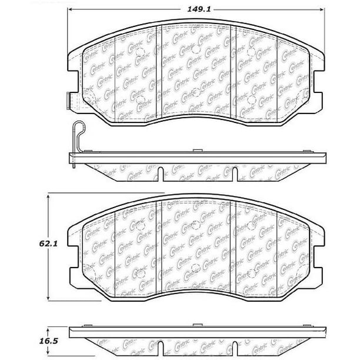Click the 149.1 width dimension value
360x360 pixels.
point(199,9)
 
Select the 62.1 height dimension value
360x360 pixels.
point(48,244)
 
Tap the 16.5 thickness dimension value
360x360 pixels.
point(48,341)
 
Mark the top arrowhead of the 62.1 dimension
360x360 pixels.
point(48,197)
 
